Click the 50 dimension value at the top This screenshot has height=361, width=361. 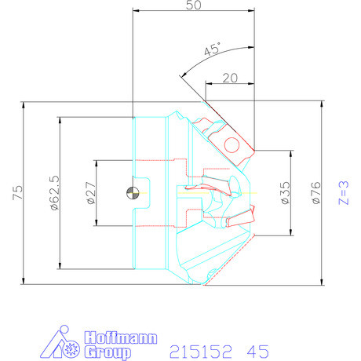click(x=194, y=5)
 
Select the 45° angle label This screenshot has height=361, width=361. click(x=211, y=50)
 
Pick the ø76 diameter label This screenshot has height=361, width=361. click(x=316, y=193)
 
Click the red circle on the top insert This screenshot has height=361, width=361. click(x=232, y=144)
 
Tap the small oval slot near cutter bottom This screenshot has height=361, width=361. click(x=212, y=273)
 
